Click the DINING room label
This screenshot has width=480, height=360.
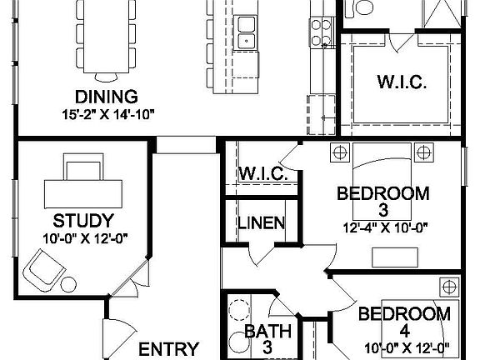coord(106,96)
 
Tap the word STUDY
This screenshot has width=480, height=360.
coord(82,221)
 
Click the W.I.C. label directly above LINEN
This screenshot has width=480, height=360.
coord(263,174)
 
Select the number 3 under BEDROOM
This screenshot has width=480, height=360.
coord(384,209)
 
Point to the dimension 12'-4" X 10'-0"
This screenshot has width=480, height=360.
coord(383,225)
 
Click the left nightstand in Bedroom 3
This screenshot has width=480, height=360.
coord(339,152)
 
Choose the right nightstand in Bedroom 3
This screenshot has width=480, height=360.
coord(424,152)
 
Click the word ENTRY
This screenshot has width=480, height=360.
coord(169,348)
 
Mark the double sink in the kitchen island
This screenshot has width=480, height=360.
coord(245,32)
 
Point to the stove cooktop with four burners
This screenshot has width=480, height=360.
coord(322,33)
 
